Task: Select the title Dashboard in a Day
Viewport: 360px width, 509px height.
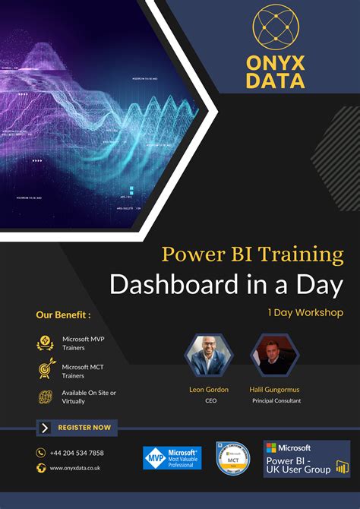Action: pos(226,285)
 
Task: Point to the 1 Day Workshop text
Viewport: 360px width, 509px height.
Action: pos(305,312)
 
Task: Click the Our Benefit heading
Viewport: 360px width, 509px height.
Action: pos(64,315)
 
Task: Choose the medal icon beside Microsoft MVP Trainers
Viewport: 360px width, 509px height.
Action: pos(46,343)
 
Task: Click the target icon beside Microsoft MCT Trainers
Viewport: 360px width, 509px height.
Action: pos(46,369)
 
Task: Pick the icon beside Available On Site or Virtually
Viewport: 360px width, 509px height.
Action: pos(46,397)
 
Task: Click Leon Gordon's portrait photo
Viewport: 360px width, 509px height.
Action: pos(207,354)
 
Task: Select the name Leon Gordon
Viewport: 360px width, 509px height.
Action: pos(209,389)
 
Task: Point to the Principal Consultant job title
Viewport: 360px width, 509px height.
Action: pos(276,400)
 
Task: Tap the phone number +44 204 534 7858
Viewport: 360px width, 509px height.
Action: pos(77,453)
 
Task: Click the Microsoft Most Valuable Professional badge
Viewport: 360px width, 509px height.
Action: pos(172,457)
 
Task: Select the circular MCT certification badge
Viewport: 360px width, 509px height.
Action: pos(233,458)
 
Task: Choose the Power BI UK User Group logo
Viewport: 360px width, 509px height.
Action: pos(306,459)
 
